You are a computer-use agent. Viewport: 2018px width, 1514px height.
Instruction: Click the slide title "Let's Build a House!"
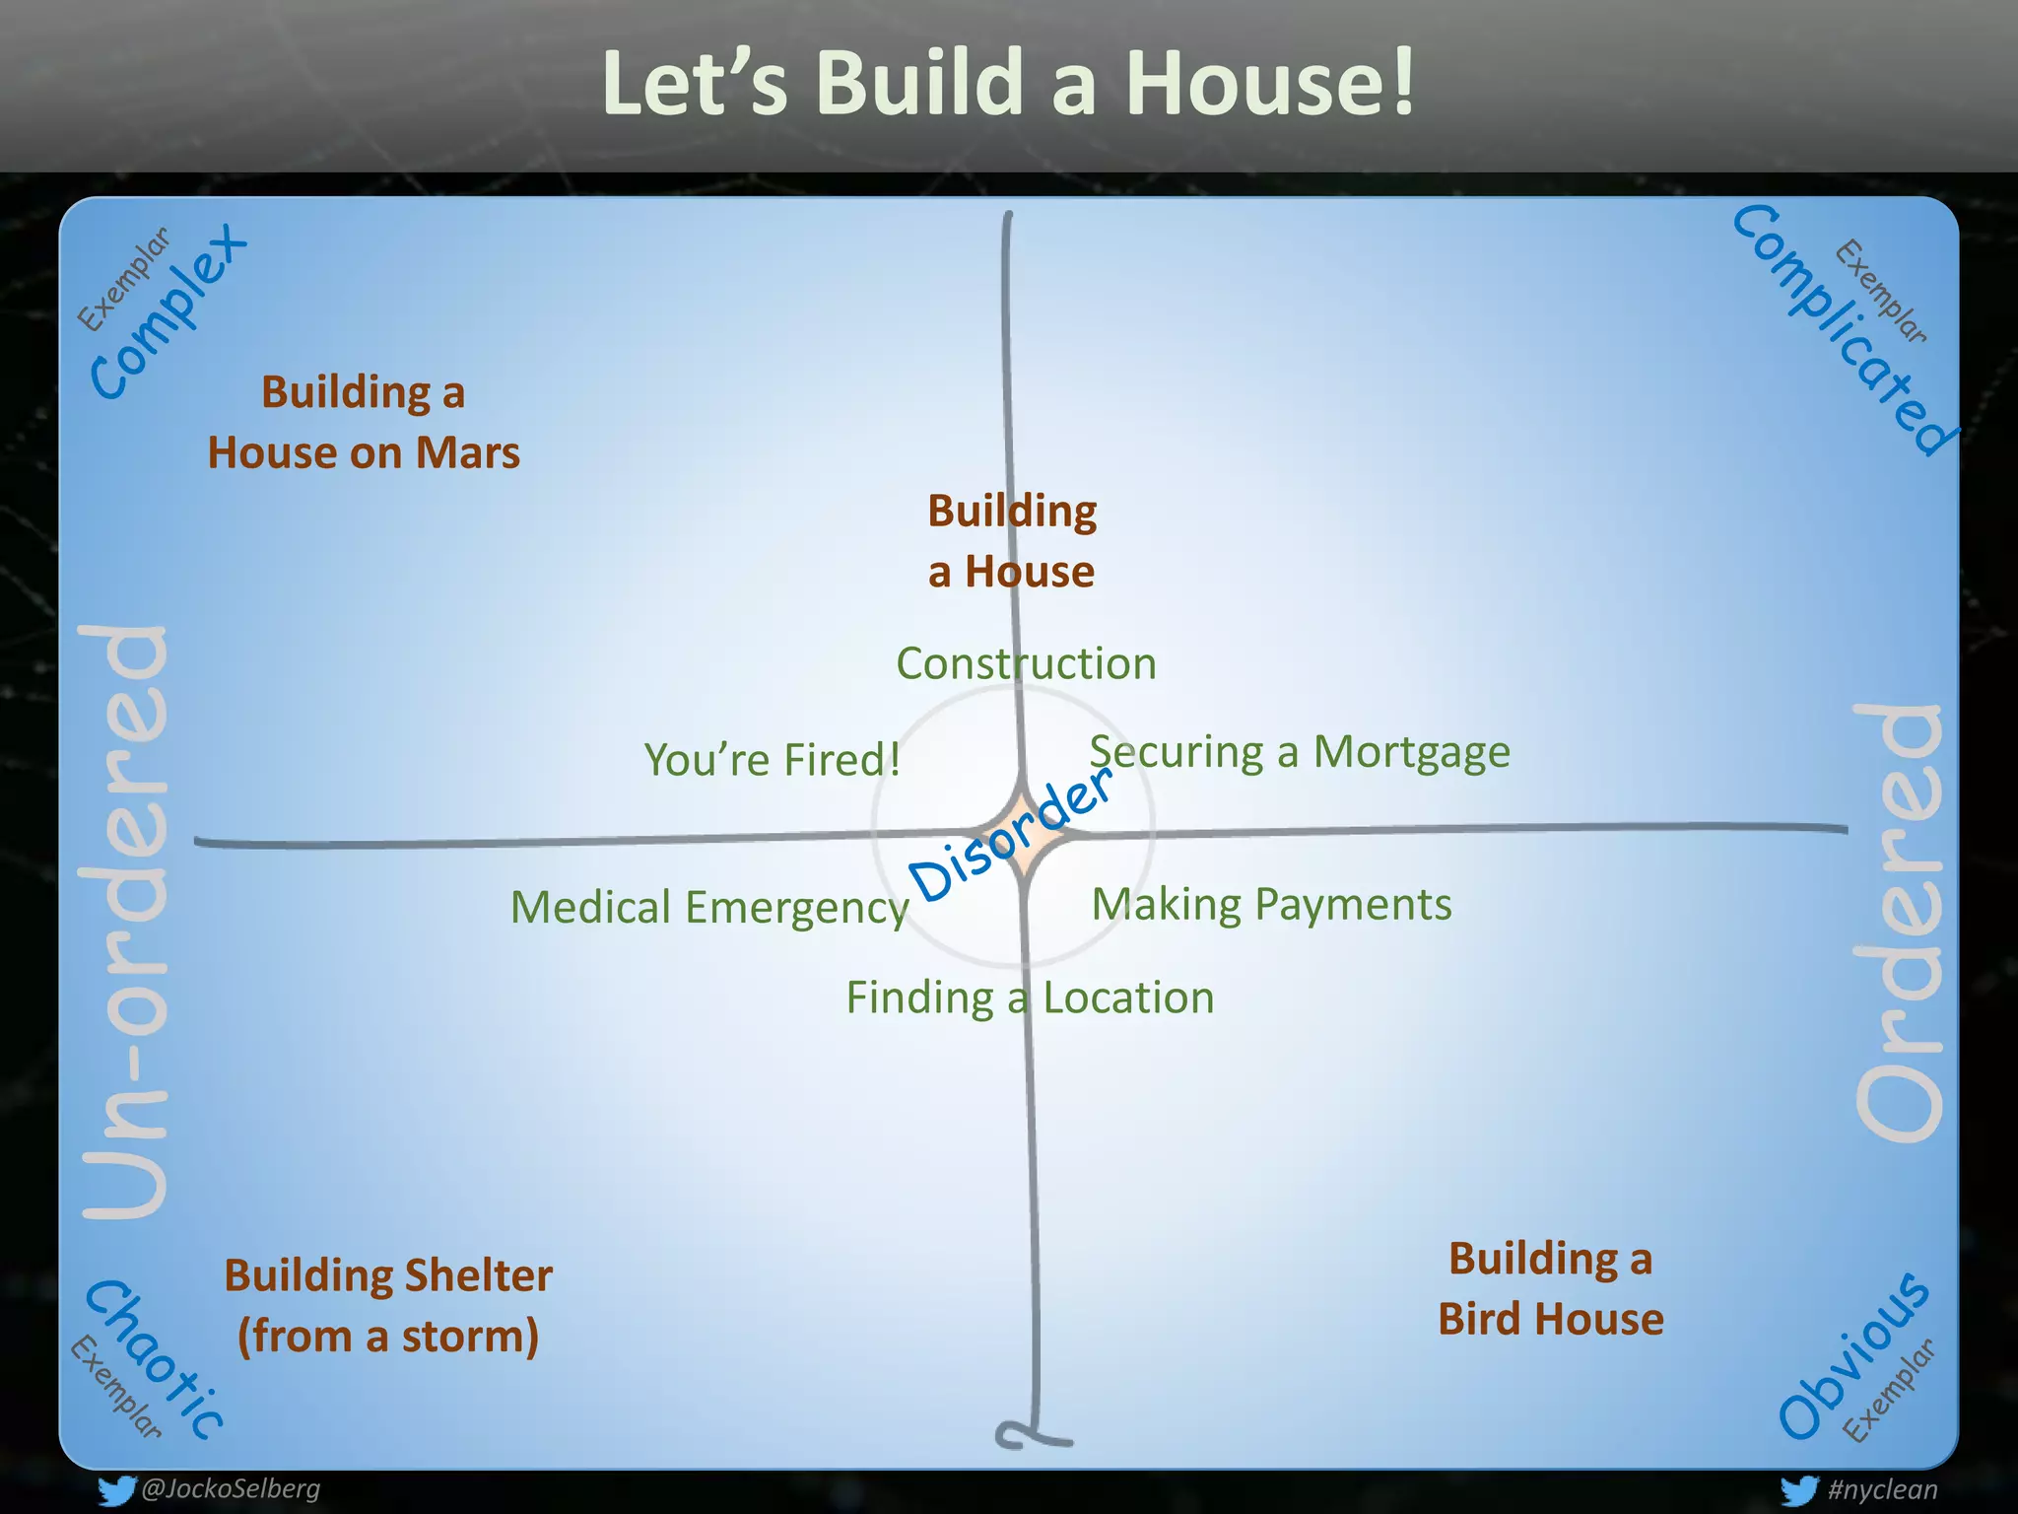coord(1008,84)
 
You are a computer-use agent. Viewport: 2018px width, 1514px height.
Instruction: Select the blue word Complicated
coord(1843,330)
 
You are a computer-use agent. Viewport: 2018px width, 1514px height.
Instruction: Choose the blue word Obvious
coord(1852,1355)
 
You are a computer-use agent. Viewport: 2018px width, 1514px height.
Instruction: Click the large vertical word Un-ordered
coord(125,922)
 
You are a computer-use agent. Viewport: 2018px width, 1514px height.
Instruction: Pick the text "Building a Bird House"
coord(1550,1288)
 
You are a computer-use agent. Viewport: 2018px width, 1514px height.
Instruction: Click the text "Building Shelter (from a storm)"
coord(388,1305)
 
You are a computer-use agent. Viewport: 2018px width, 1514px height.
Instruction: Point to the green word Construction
coord(1026,663)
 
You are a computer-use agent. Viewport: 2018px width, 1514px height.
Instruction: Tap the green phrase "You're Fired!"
coord(773,759)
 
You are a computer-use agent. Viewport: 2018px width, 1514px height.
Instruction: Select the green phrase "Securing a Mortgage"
coord(1300,752)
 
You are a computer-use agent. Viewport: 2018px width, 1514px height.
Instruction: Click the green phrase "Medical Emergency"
coord(709,907)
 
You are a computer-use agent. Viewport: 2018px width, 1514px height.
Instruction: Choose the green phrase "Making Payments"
coord(1271,904)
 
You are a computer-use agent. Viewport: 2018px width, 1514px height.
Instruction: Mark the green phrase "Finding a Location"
coord(1030,998)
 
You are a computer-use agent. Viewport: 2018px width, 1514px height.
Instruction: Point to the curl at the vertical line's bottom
coord(1025,1435)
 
